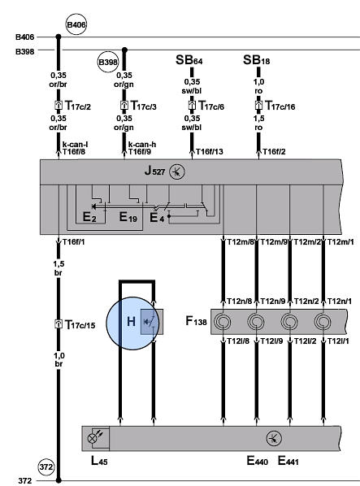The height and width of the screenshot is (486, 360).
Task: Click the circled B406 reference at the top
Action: click(76, 24)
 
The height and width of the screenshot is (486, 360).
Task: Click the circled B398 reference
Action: click(108, 63)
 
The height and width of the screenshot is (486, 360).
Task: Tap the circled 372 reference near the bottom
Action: click(46, 466)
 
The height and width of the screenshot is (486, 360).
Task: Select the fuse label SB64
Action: click(189, 60)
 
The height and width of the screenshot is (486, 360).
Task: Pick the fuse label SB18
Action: click(256, 60)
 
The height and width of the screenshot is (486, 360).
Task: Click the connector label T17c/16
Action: click(280, 106)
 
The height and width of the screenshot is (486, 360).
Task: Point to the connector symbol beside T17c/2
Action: click(59, 105)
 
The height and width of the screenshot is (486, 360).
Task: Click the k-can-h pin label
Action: click(142, 145)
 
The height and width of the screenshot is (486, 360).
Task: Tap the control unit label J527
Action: click(154, 171)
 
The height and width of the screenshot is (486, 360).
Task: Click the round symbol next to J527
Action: click(177, 171)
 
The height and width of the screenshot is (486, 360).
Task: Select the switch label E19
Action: click(128, 217)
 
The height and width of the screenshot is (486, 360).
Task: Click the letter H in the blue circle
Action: click(131, 321)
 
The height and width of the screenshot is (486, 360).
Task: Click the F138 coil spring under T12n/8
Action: click(223, 321)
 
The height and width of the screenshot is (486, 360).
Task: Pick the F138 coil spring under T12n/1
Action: click(323, 321)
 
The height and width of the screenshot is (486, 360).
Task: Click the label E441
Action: click(288, 461)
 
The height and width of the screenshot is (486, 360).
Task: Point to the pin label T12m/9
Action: click(274, 241)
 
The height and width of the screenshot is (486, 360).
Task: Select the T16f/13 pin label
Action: click(210, 151)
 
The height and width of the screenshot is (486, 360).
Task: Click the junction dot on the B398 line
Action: click(124, 50)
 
